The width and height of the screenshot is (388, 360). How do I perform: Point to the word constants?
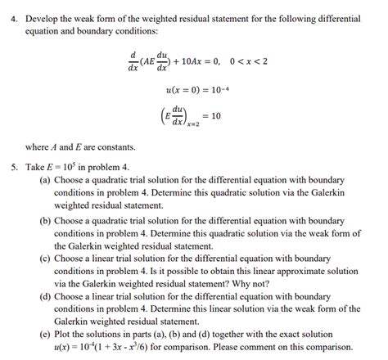115,147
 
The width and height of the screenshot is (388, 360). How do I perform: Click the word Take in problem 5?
34,168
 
